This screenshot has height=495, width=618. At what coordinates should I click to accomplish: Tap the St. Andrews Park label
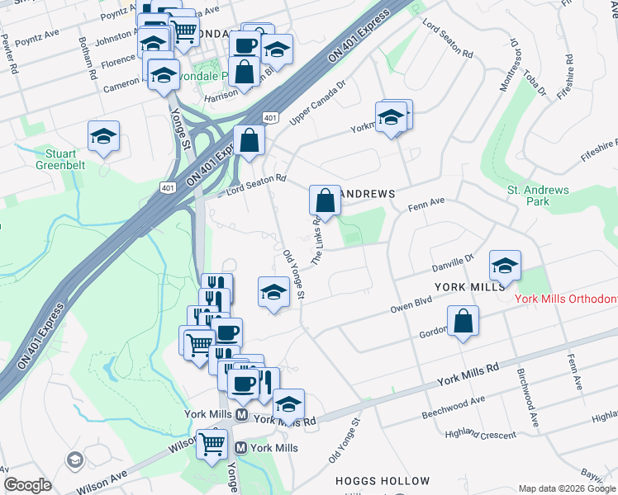click(x=538, y=196)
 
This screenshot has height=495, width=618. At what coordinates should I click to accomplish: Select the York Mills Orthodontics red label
click(x=566, y=299)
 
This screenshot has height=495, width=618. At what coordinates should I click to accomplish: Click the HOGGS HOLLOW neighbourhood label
click(x=383, y=481)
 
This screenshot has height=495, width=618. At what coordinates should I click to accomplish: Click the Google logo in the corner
click(x=27, y=485)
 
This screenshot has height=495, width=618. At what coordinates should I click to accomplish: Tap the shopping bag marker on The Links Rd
click(x=326, y=200)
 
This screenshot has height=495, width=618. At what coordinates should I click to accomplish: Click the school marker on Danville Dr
click(x=505, y=266)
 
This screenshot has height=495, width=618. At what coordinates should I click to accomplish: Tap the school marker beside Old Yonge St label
click(x=274, y=292)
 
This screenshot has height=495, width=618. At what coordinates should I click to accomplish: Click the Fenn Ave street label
click(x=426, y=202)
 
